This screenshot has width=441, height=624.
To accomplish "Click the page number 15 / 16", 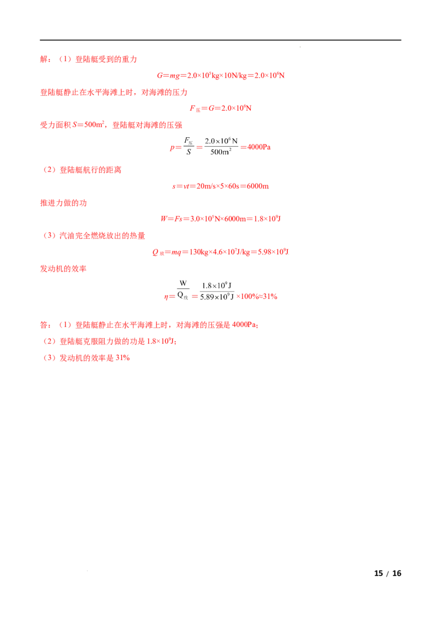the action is tap(388, 573).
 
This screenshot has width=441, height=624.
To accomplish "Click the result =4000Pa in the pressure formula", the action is tap(256, 147).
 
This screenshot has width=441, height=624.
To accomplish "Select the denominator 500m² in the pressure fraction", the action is tap(221, 152).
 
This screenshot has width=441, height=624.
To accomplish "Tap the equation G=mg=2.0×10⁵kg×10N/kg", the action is tap(202, 76).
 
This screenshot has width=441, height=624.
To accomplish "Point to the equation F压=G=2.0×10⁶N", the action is tap(220, 108).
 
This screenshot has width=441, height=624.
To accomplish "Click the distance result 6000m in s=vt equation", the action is tap(257, 186).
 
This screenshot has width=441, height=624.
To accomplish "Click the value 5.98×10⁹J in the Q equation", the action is tap(273, 251).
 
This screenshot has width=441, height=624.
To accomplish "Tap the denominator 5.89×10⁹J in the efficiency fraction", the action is tap(217, 297).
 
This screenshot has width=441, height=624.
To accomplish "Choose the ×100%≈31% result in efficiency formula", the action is tap(257, 297).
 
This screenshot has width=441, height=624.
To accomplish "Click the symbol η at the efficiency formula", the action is tap(166, 297).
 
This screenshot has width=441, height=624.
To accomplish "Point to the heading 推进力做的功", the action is tap(63, 203).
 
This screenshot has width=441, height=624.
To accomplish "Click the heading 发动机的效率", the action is tap(63, 268).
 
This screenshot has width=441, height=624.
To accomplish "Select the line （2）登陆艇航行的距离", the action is tap(81, 170).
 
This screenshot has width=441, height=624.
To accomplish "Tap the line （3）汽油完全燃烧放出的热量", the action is tap(93, 235).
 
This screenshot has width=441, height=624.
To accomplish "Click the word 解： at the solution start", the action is tap(45, 60).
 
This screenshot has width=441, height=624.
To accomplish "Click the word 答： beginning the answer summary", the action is tap(45, 325).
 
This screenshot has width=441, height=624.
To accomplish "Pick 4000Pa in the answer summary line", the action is tap(244, 325).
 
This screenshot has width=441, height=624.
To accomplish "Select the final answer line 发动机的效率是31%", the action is tap(95, 358).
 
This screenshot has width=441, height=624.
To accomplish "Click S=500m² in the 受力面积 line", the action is tap(88, 125).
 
